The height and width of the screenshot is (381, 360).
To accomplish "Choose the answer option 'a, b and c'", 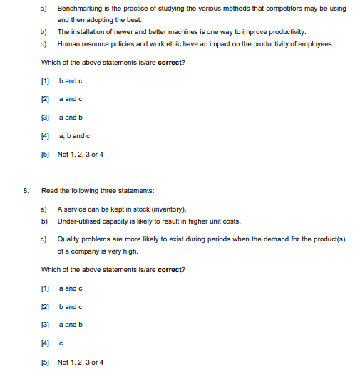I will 73,135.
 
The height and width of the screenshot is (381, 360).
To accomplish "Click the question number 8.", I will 26,191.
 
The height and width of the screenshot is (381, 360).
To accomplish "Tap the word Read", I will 49,191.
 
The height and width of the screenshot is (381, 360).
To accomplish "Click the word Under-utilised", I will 80,221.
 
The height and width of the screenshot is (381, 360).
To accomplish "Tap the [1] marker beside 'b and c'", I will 46,80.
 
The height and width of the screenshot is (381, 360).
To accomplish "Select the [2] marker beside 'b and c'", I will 46,307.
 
